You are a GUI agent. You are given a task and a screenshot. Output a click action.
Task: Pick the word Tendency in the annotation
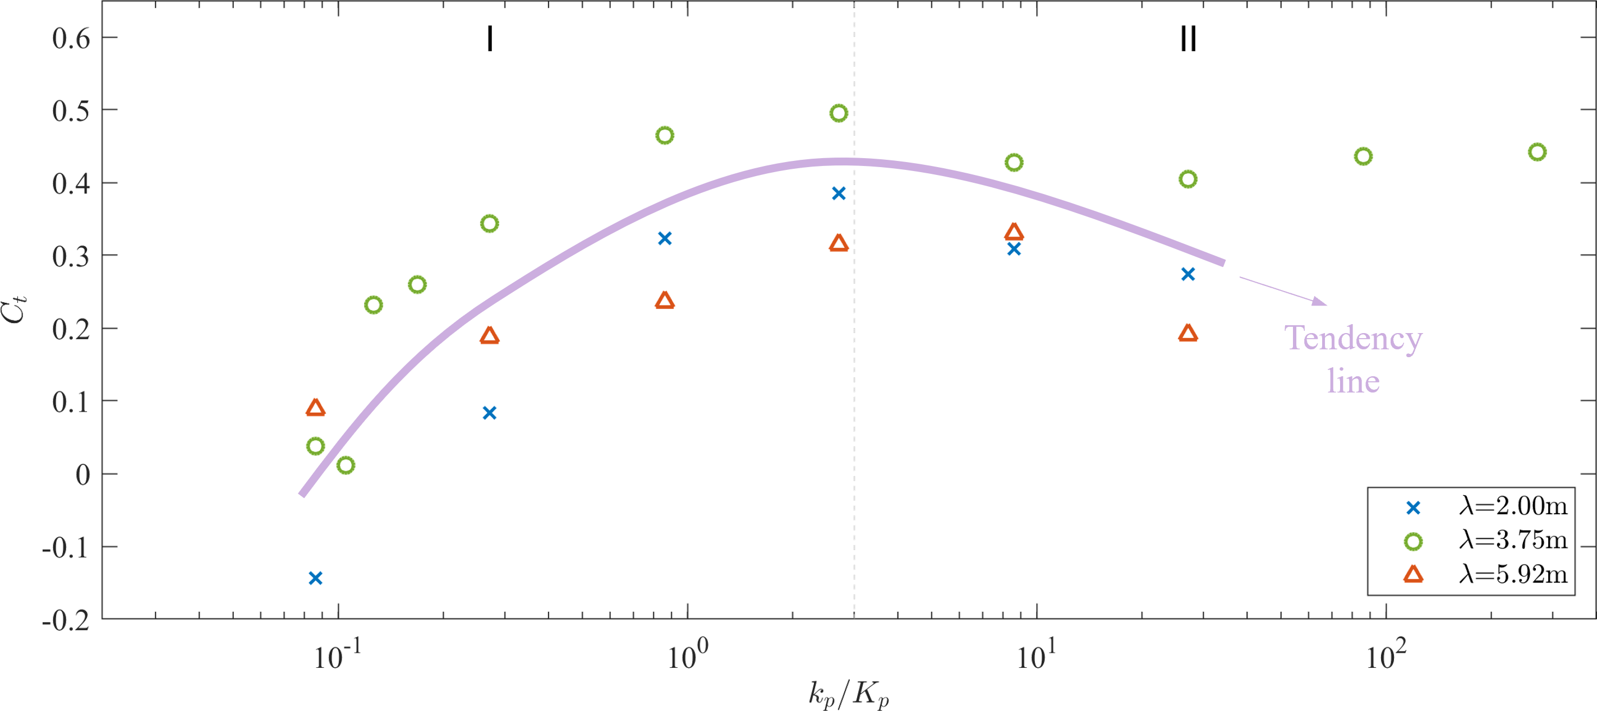(x=1354, y=339)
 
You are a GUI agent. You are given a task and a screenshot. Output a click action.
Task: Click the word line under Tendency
(x=1354, y=380)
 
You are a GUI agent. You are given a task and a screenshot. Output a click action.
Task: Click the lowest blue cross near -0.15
(x=316, y=578)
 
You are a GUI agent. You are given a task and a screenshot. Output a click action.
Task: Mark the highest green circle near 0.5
(x=838, y=113)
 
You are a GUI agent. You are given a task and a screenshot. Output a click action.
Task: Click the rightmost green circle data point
(x=1537, y=152)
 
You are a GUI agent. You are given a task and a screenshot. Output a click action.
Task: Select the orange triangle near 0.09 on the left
(x=316, y=408)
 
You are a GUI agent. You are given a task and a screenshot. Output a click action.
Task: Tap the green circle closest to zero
(x=346, y=465)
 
